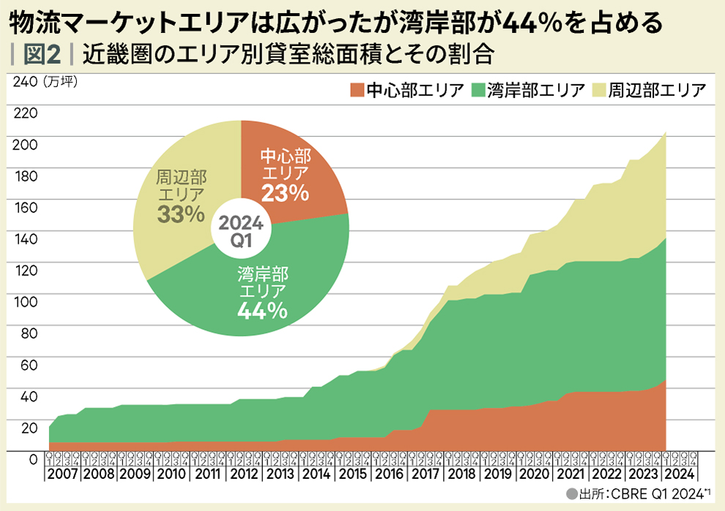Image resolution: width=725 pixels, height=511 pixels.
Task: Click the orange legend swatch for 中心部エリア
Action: click(x=357, y=91)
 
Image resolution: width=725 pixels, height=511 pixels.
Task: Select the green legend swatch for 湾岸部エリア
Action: click(x=480, y=91)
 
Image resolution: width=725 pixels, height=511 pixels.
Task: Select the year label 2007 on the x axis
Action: click(x=64, y=473)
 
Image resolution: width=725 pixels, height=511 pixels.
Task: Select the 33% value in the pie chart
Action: click(x=180, y=213)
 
